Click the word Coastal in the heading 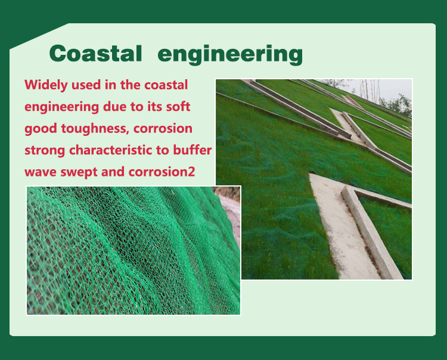coord(95,53)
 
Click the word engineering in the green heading coord(230,54)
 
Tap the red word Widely coord(46,85)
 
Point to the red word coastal coord(166,85)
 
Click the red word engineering coord(61,107)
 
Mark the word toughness coord(94,129)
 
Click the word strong coord(45,151)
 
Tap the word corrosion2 coord(162,172)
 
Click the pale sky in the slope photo coord(376,88)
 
